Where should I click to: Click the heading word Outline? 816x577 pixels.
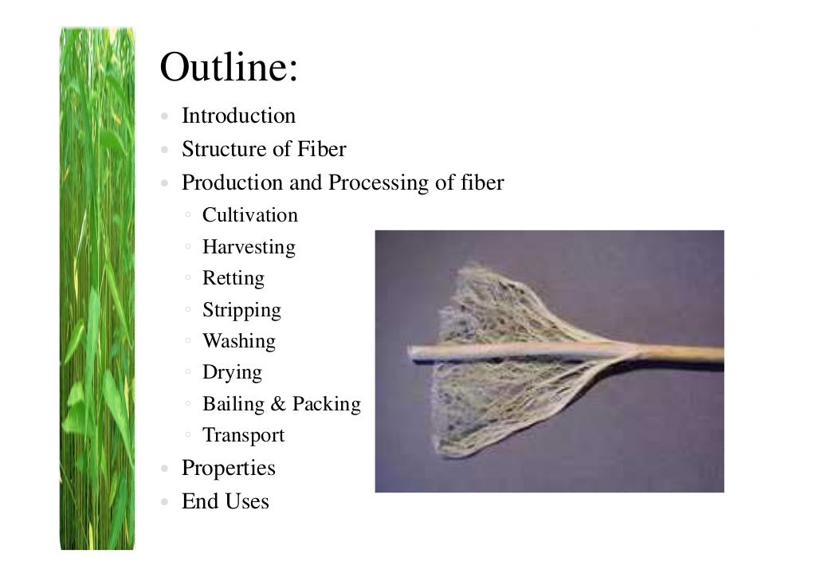(x=228, y=68)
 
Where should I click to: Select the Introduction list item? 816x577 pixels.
(x=238, y=116)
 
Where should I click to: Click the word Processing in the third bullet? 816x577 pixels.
(x=379, y=184)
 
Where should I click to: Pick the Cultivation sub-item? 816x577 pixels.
(x=249, y=215)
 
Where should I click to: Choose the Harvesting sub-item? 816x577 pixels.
(x=249, y=247)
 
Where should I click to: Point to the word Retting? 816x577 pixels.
(x=233, y=279)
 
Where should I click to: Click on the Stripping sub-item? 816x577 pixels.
(x=241, y=311)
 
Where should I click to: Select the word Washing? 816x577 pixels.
(x=238, y=341)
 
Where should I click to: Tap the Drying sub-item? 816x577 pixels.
(x=232, y=373)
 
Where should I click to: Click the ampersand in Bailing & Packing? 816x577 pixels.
(x=278, y=404)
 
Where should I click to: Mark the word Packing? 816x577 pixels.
(x=326, y=405)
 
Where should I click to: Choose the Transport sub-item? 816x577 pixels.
(x=243, y=435)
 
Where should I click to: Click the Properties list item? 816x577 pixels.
(x=228, y=469)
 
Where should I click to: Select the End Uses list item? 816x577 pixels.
(x=225, y=502)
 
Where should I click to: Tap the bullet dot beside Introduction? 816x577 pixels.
(x=163, y=117)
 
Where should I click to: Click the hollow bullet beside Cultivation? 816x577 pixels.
(x=186, y=215)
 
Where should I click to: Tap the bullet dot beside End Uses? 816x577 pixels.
(x=163, y=502)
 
